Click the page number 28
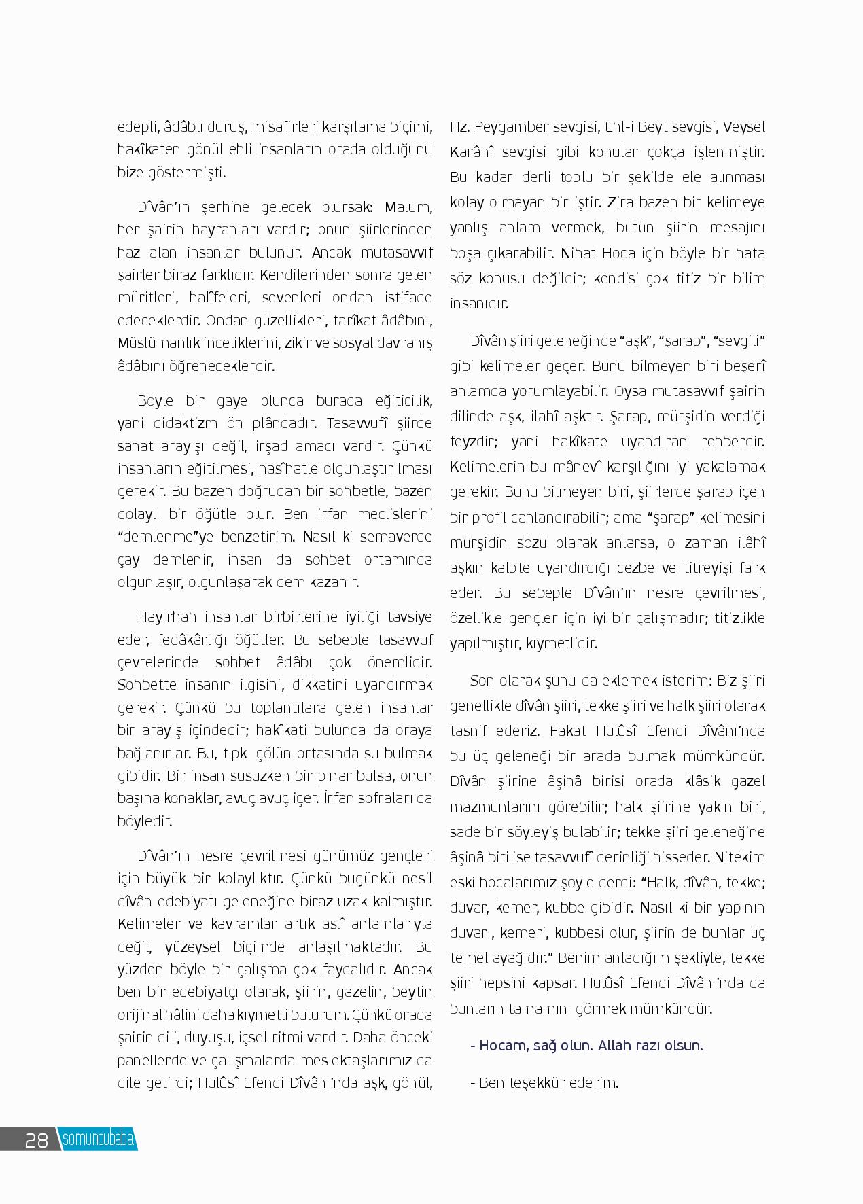(x=36, y=1139)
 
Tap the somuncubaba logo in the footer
(x=98, y=1139)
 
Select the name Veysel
(x=744, y=127)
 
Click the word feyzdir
(x=471, y=442)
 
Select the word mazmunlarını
(x=489, y=807)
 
